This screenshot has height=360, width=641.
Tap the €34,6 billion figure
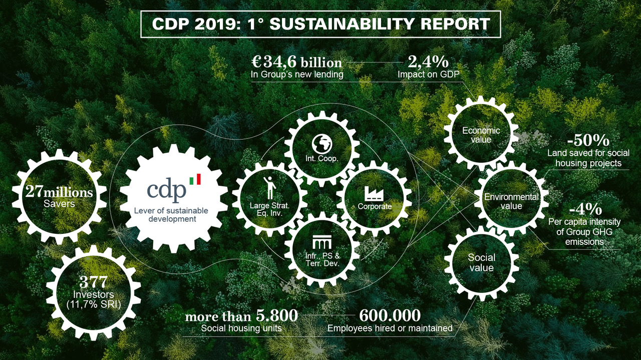(296, 63)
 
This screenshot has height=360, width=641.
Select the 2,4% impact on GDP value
(428, 63)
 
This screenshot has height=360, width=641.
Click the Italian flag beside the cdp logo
(195, 179)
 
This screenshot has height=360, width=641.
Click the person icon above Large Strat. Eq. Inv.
(270, 187)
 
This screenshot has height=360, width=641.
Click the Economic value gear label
(481, 135)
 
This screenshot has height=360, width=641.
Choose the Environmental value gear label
(511, 201)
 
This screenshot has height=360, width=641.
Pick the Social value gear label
(481, 262)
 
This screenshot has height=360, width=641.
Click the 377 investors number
(94, 282)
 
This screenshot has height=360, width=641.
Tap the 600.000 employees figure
(390, 316)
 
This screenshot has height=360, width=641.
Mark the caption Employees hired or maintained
(390, 328)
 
